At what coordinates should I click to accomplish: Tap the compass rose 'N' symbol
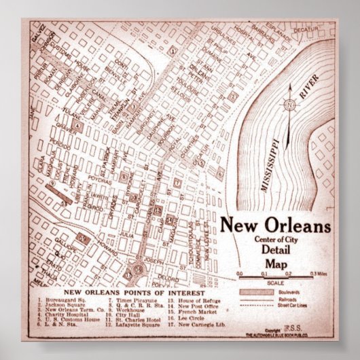[289, 105]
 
